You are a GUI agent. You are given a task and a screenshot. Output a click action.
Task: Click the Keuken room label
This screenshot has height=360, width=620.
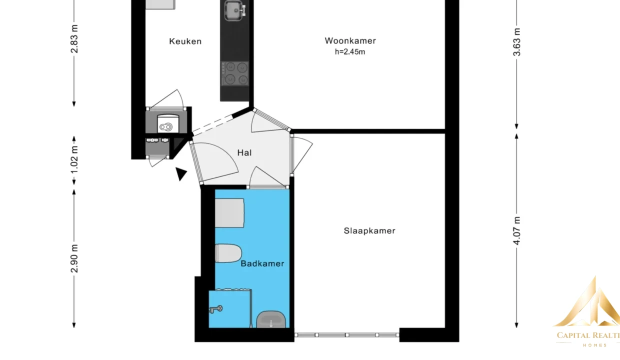185,41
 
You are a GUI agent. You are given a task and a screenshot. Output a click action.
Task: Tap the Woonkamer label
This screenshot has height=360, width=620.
350,40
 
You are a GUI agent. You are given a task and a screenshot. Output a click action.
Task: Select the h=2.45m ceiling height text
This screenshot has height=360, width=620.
350,51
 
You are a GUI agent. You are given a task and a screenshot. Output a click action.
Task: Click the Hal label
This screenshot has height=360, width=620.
244,152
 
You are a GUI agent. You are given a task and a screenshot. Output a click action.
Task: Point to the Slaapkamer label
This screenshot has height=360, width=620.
369,231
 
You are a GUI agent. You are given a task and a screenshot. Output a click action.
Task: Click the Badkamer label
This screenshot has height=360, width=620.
262,263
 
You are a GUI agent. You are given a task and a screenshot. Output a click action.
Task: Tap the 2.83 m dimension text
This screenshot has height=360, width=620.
74,38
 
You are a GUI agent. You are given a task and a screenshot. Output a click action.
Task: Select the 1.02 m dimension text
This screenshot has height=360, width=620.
74,159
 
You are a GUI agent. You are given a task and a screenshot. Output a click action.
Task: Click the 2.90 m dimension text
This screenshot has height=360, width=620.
74,258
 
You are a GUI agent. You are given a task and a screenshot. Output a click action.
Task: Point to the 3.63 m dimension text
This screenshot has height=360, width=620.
517,42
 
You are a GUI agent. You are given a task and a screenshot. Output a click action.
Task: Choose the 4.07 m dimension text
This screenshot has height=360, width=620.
517,231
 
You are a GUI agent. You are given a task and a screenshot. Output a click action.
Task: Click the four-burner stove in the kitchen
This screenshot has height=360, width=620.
234,73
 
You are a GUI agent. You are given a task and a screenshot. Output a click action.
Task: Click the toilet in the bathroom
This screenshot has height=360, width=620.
228,253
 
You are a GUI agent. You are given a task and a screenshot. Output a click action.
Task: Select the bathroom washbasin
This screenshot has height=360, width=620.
271,319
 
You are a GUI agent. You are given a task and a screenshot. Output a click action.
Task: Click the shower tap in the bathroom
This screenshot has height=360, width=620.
216,309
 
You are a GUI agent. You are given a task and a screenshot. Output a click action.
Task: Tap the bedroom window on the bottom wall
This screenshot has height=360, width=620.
347,335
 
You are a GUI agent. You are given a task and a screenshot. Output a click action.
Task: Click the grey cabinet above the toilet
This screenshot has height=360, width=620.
229,213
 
